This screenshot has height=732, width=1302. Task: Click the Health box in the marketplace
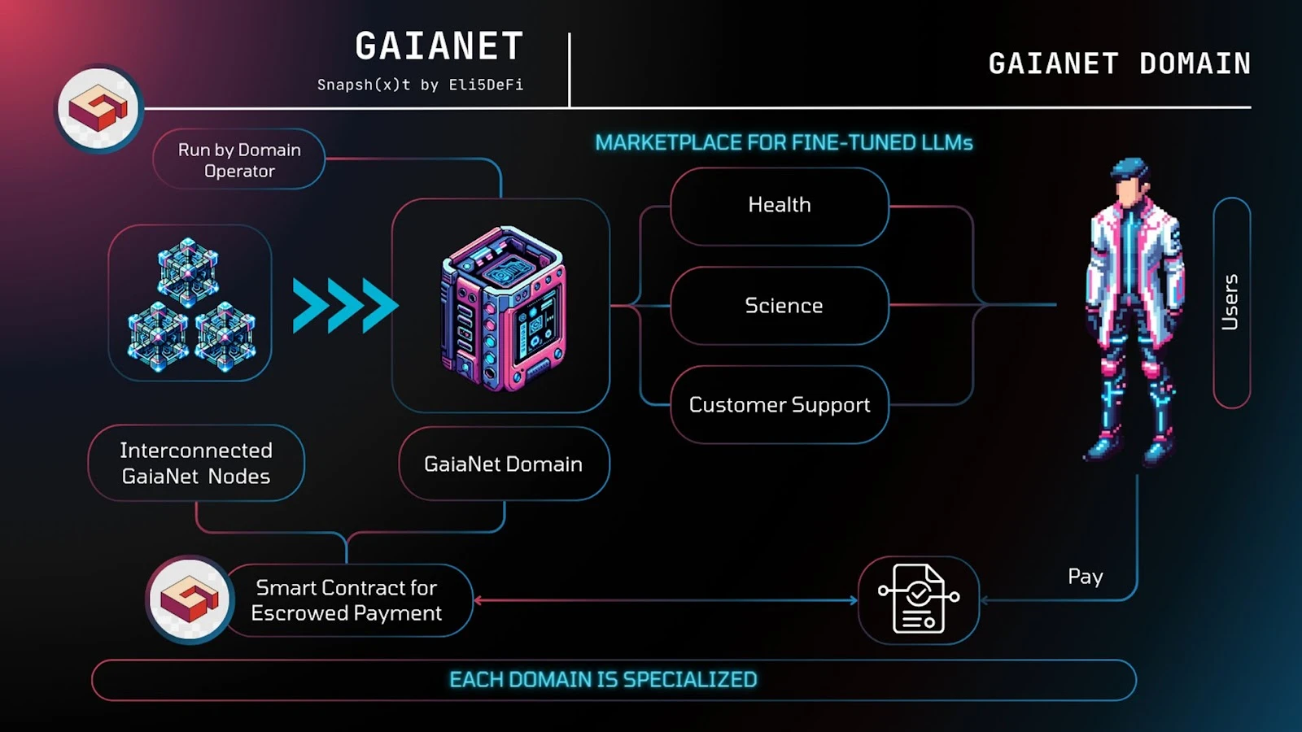click(x=779, y=206)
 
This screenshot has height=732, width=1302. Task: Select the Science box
click(x=779, y=306)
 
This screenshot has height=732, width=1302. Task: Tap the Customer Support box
click(x=779, y=405)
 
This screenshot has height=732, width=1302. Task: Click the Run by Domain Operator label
click(x=239, y=160)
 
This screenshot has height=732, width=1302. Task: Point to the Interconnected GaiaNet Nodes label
click(x=196, y=463)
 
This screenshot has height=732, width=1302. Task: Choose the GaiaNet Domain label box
click(x=504, y=464)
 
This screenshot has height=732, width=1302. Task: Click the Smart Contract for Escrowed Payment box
click(x=347, y=600)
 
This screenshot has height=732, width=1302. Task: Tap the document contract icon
click(x=919, y=599)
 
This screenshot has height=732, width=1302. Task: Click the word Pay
click(x=1085, y=577)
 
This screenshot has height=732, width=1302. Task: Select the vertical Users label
click(x=1230, y=302)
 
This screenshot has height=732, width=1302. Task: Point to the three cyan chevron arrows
click(x=345, y=306)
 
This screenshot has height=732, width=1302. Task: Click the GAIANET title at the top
click(x=439, y=46)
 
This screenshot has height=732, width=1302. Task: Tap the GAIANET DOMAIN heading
click(x=1119, y=63)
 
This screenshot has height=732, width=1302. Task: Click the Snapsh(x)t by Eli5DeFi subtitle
click(x=420, y=85)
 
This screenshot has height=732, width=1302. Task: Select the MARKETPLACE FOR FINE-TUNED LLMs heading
click(x=784, y=143)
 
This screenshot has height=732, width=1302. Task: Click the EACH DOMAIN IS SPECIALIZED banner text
click(x=603, y=680)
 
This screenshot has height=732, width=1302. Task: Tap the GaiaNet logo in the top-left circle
click(x=99, y=108)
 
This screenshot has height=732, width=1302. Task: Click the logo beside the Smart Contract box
click(x=190, y=599)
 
